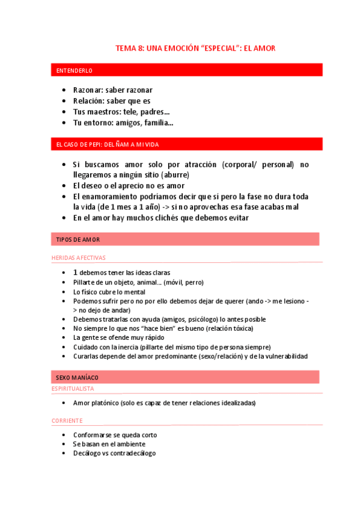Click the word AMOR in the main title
264,48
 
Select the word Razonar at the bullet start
87,90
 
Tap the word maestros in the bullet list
103,112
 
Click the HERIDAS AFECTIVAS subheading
78,257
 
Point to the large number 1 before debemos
75,272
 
